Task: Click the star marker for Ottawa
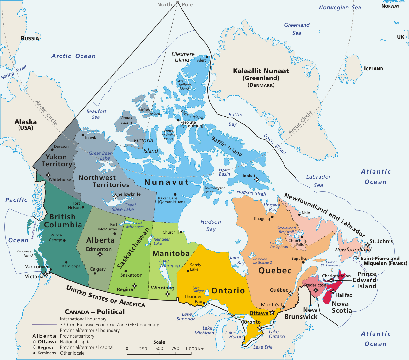click(272, 313)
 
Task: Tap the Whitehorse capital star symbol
click(48, 175)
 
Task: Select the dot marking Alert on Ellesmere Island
click(207, 57)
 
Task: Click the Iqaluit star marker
click(256, 180)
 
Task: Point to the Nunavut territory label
click(167, 182)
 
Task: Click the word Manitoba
click(171, 253)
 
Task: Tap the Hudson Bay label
click(211, 225)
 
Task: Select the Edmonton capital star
click(100, 254)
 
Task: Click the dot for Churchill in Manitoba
click(181, 232)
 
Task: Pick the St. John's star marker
click(368, 245)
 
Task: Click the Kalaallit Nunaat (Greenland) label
click(261, 74)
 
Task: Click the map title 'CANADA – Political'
click(95, 312)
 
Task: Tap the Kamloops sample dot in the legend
click(34, 353)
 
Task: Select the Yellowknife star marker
click(115, 196)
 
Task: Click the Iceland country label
click(373, 69)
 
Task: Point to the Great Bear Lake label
click(100, 155)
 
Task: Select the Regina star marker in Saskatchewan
click(135, 286)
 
